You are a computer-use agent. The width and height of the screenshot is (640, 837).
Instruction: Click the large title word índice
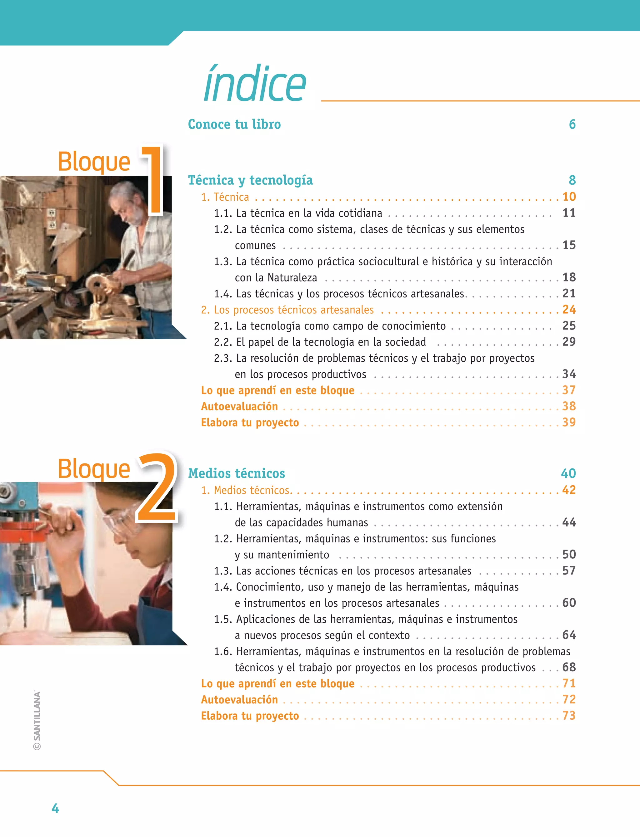pos(254,84)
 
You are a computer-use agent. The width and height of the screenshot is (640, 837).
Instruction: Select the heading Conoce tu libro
pos(234,125)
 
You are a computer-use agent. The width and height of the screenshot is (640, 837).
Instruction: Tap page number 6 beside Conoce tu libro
pos(572,125)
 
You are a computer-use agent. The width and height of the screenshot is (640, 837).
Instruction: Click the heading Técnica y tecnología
pos(250,180)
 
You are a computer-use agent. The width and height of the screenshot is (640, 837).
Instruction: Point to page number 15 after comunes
pos(569,245)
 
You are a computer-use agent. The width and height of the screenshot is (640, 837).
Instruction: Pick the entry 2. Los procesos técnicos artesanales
pos(287,310)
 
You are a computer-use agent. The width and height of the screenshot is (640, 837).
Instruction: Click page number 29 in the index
pos(569,342)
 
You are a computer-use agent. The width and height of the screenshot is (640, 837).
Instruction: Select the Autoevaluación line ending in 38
pos(239,406)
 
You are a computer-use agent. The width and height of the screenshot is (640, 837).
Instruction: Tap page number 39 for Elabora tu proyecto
pos(569,422)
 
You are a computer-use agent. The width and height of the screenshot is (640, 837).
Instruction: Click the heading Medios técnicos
pos(237,473)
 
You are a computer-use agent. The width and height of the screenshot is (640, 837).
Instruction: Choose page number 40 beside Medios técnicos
pos(568,473)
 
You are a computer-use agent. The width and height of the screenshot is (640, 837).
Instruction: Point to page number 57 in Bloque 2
pos(569,571)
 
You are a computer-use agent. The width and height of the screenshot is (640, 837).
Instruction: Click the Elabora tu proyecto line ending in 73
pos(250,716)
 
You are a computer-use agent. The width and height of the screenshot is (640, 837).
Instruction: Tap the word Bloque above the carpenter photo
pos(94,162)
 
